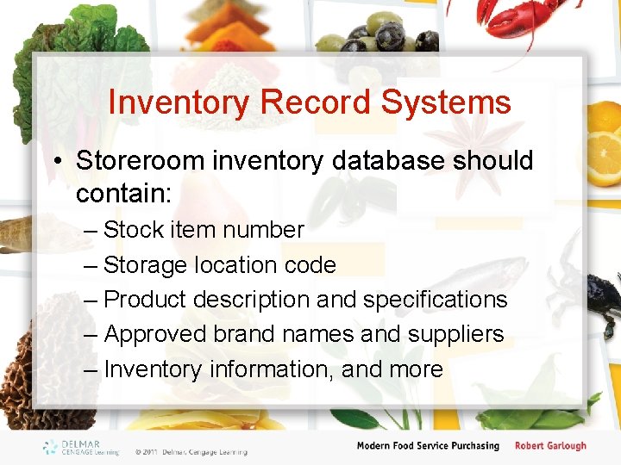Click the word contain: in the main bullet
tap(124, 194)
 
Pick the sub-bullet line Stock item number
tap(203, 230)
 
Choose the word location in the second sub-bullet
tap(236, 265)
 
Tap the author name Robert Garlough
tap(550, 446)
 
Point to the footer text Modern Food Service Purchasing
tap(428, 446)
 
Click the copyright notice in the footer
tap(191, 451)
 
